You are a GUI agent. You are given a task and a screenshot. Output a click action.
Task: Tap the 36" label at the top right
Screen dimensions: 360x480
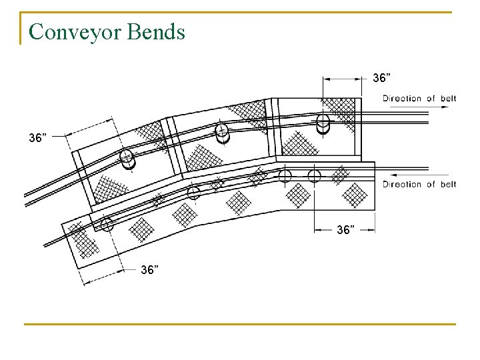coord(381,79)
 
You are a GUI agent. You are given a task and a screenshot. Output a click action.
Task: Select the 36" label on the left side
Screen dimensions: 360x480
coord(38,138)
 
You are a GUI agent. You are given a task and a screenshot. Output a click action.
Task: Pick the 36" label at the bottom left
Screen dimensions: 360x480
coord(149,270)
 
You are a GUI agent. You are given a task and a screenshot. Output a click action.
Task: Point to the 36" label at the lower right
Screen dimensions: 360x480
coord(345,230)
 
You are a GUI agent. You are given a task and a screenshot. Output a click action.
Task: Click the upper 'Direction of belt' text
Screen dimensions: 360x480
coord(419,99)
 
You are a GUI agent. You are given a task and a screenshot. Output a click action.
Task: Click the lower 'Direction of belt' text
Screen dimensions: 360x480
coord(419,184)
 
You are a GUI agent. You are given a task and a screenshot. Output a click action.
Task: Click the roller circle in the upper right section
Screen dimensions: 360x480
coord(323,123)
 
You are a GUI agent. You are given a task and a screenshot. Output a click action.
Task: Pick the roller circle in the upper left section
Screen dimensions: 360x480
coord(127,158)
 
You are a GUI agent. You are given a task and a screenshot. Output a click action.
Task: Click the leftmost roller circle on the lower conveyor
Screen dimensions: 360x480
coord(107,225)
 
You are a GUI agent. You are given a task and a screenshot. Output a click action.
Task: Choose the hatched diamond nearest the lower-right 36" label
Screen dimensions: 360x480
coord(298,195)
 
